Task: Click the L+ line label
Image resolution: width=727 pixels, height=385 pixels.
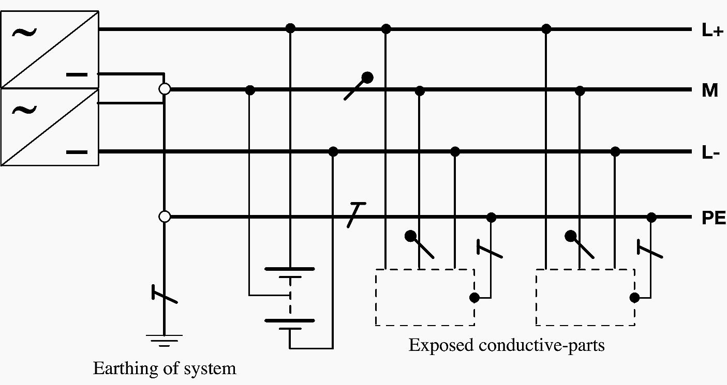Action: [711, 30]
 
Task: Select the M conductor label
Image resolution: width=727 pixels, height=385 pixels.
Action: [710, 91]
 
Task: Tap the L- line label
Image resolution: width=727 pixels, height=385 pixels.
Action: [710, 153]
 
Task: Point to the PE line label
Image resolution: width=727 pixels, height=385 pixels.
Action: [714, 219]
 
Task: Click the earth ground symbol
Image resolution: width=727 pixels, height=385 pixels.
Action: [164, 339]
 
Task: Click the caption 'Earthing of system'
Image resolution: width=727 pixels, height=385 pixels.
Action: [164, 368]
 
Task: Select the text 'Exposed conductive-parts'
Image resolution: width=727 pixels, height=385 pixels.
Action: [506, 345]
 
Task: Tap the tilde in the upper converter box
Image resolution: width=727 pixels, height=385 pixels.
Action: [24, 33]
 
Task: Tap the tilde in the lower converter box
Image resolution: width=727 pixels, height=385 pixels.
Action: [24, 110]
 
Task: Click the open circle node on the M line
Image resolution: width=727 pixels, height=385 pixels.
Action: [165, 89]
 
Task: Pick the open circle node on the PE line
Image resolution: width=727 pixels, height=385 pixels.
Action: [165, 217]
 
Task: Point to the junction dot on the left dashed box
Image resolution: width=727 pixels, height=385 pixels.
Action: [473, 297]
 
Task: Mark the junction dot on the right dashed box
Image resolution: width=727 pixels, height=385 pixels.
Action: [634, 297]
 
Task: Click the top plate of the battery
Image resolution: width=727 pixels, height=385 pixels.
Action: [289, 269]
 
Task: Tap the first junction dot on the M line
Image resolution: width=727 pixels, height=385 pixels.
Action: [250, 90]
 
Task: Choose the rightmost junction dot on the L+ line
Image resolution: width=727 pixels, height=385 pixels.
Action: [546, 29]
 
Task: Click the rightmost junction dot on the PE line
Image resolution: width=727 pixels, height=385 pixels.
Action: [651, 217]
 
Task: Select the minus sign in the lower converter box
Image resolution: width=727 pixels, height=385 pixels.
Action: [77, 152]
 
